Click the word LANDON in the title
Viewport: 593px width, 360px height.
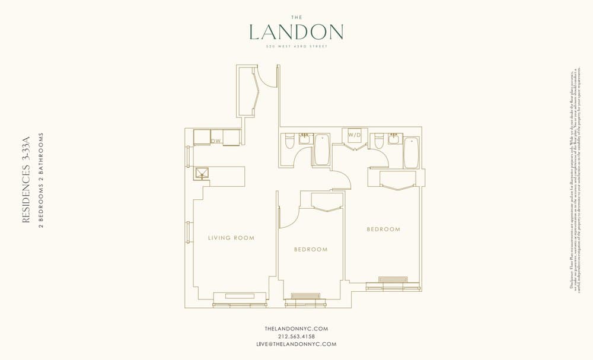296,31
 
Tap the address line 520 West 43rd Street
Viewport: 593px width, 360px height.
296,46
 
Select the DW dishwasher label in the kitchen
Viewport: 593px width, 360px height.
216,141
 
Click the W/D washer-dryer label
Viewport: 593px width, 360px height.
354,135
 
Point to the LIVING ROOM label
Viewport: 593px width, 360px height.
231,238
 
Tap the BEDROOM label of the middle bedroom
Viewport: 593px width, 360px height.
311,250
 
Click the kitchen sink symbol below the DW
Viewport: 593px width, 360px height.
202,173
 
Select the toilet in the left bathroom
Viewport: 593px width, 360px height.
289,142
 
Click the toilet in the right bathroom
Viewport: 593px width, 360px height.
378,142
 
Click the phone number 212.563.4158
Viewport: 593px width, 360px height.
296,336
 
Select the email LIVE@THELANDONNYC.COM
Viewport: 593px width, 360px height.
296,344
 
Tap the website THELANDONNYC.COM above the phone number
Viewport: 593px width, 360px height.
296,329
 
